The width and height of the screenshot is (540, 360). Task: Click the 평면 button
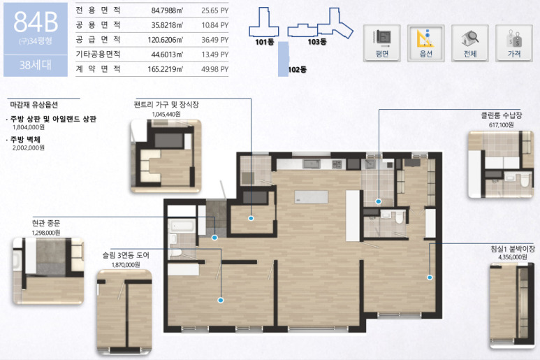pos(382,43)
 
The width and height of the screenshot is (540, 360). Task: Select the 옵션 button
pos(426,43)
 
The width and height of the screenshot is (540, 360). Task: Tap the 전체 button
pos(470,43)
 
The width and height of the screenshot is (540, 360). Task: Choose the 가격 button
pos(514,43)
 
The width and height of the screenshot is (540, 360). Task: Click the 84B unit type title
pos(36,22)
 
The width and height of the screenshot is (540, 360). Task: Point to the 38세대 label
pos(36,65)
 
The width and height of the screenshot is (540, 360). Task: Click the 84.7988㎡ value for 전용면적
pos(167,10)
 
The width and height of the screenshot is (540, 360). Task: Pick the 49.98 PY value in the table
pos(215,69)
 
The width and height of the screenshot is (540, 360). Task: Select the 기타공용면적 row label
pos(98,55)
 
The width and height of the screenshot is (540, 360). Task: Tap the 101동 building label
pos(265,42)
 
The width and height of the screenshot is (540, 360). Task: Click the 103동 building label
pos(317,42)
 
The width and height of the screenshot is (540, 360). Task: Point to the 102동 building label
pos(297,70)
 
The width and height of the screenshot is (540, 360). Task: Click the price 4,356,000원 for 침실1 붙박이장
pos(513,257)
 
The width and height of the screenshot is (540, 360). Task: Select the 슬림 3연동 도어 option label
pos(126,255)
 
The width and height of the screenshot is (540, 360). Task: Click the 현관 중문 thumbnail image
pos(48,271)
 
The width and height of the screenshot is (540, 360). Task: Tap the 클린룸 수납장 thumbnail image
pos(501,164)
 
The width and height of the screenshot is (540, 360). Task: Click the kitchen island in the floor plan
pos(311,197)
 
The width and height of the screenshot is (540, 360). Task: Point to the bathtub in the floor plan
pos(182,226)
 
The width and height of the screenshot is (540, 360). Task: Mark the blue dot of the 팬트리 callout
pos(251,218)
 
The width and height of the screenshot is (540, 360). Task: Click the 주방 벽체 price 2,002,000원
pos(29,147)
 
